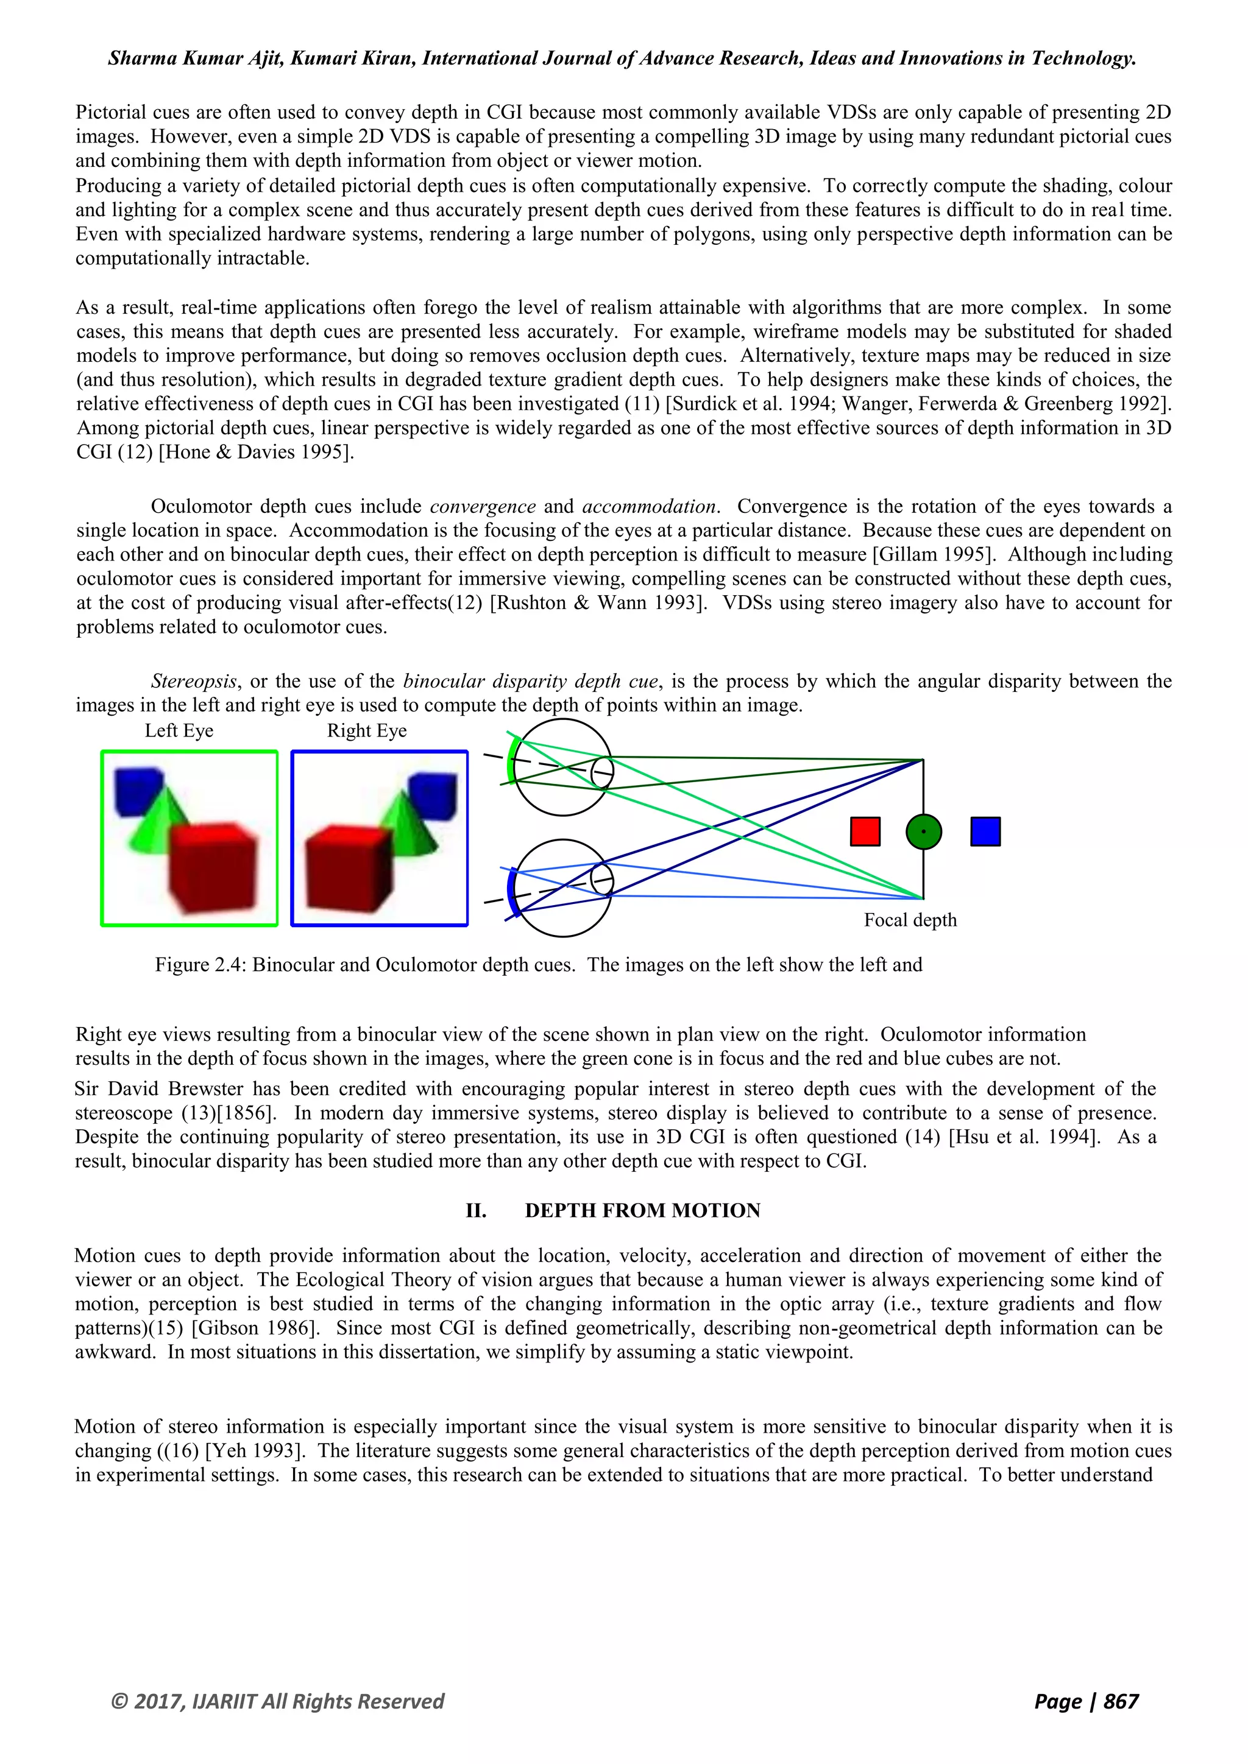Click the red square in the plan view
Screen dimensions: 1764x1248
click(x=865, y=831)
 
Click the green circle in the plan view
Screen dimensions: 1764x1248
click(x=924, y=831)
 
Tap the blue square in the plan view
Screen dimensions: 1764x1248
click(x=985, y=831)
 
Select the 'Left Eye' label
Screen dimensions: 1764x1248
click(x=179, y=731)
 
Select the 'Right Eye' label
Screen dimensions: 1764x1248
click(x=367, y=731)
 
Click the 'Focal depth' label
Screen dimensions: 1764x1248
click(x=910, y=920)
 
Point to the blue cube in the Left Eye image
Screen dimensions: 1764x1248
click(x=138, y=791)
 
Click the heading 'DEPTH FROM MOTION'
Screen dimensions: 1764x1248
click(x=642, y=1211)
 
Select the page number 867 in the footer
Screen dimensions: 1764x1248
click(x=1121, y=1701)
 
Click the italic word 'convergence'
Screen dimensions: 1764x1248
click(x=483, y=507)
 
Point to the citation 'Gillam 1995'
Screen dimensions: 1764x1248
click(x=936, y=555)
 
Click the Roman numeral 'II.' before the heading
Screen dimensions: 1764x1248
click(x=476, y=1211)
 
